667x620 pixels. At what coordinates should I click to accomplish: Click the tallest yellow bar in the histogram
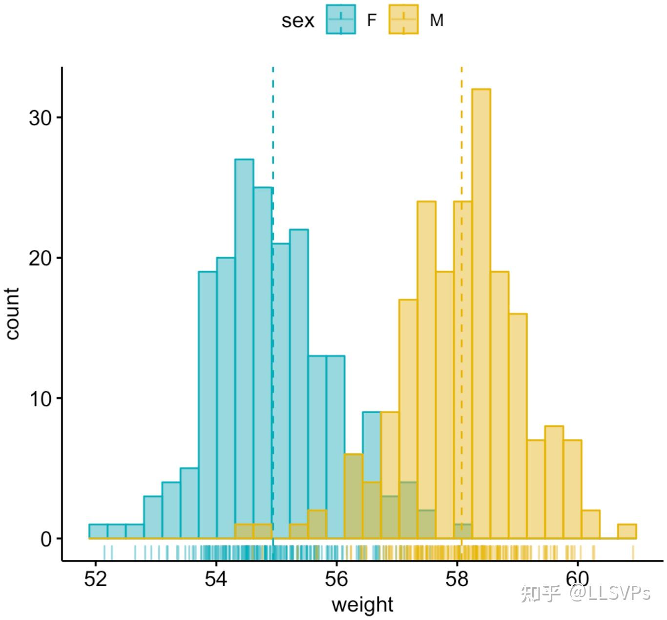(x=481, y=313)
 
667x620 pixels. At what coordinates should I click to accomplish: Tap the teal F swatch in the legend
(x=341, y=20)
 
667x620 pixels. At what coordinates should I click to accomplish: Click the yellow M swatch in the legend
(x=403, y=20)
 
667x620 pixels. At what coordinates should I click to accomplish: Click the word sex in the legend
(x=297, y=21)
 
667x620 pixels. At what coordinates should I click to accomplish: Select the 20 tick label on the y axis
(x=40, y=258)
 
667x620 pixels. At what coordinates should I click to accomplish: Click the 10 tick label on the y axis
(x=40, y=399)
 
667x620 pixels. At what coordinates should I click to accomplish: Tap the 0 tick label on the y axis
(x=46, y=539)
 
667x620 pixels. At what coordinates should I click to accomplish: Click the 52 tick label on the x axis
(x=95, y=579)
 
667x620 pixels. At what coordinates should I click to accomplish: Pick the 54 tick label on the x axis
(x=216, y=579)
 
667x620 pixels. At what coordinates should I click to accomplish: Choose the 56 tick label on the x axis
(x=336, y=579)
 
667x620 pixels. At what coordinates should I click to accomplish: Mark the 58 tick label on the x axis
(x=457, y=579)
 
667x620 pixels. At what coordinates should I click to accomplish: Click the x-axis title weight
(x=362, y=605)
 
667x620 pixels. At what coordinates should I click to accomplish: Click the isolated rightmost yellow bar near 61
(x=627, y=531)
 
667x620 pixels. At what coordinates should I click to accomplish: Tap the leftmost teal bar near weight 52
(x=98, y=531)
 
